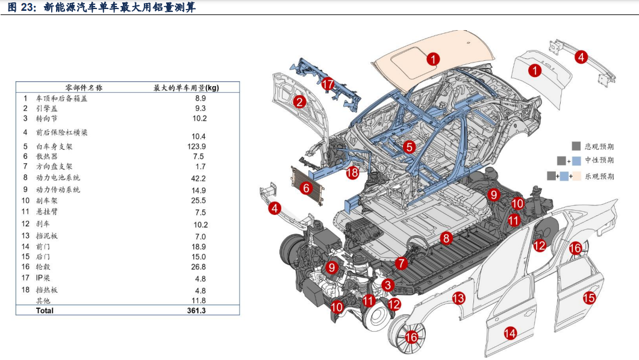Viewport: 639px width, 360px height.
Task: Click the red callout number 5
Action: click(x=409, y=147)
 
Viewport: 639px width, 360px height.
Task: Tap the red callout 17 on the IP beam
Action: click(x=328, y=84)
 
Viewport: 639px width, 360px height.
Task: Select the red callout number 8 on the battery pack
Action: click(x=446, y=238)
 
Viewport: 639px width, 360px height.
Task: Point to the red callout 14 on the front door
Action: click(x=510, y=334)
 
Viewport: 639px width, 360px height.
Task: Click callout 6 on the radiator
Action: click(x=305, y=188)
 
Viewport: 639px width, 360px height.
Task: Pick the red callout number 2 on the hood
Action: click(x=299, y=101)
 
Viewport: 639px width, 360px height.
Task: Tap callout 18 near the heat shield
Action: click(x=352, y=172)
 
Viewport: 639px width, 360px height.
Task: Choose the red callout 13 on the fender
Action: click(x=458, y=298)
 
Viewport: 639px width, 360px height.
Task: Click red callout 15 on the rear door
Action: click(x=589, y=297)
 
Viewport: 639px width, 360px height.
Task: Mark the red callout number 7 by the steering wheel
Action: click(x=401, y=264)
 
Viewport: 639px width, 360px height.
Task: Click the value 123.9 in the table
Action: click(x=196, y=147)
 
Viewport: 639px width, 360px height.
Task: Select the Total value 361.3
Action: click(x=196, y=311)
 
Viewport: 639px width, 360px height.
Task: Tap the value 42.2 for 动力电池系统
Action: click(x=199, y=178)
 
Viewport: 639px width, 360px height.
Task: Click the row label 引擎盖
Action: click(x=47, y=108)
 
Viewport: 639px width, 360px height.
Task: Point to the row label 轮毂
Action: click(x=43, y=267)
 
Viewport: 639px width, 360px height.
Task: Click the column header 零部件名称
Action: click(x=84, y=87)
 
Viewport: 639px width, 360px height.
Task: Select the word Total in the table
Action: click(x=45, y=311)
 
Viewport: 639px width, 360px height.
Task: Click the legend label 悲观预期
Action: click(x=599, y=147)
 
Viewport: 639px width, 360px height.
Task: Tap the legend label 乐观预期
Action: click(x=599, y=176)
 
